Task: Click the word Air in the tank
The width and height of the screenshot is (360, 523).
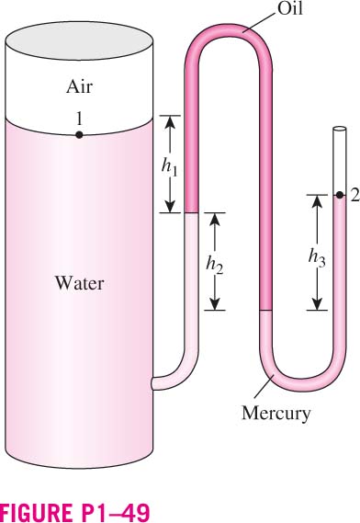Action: click(x=79, y=86)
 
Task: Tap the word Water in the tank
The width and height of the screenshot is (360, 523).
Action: click(x=79, y=283)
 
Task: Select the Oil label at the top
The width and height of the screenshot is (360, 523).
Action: click(x=290, y=8)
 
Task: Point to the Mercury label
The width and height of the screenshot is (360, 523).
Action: click(x=276, y=414)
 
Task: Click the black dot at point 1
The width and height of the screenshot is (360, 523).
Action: click(x=79, y=135)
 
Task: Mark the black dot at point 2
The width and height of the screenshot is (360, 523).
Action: click(x=339, y=195)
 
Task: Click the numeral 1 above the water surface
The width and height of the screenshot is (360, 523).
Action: click(x=79, y=119)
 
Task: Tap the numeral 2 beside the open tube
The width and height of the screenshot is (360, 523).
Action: click(x=354, y=196)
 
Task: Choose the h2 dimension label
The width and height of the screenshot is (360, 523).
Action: click(x=214, y=265)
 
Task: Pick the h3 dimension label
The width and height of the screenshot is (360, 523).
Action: click(x=317, y=258)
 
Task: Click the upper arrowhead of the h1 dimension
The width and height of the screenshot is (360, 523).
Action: click(x=170, y=122)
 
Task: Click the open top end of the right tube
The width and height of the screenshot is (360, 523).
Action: click(x=340, y=129)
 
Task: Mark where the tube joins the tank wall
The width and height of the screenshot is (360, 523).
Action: click(x=152, y=383)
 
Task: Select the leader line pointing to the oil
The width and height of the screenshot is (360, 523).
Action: click(x=259, y=19)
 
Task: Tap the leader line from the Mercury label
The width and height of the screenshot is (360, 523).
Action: click(x=264, y=386)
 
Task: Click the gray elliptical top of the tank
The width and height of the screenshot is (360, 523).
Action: click(x=79, y=40)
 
